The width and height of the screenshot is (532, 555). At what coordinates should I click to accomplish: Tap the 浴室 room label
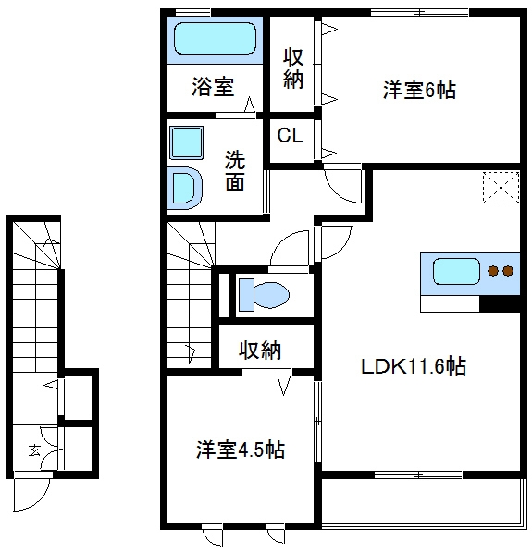(213, 88)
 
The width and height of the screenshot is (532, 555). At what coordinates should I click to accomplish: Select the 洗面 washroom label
(236, 170)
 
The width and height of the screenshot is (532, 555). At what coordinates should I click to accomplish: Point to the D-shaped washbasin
(187, 187)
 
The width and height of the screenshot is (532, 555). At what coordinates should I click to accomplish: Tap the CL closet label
(291, 136)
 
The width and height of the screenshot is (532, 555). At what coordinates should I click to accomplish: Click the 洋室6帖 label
(419, 91)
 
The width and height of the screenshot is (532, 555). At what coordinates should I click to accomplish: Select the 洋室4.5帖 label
(239, 450)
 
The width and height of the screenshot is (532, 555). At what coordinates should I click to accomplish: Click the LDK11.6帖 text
(412, 366)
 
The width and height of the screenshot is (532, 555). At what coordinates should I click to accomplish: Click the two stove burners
(500, 271)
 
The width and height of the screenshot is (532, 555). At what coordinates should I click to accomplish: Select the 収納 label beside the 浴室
(293, 68)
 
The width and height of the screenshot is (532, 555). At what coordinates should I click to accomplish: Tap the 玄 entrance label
(34, 450)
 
